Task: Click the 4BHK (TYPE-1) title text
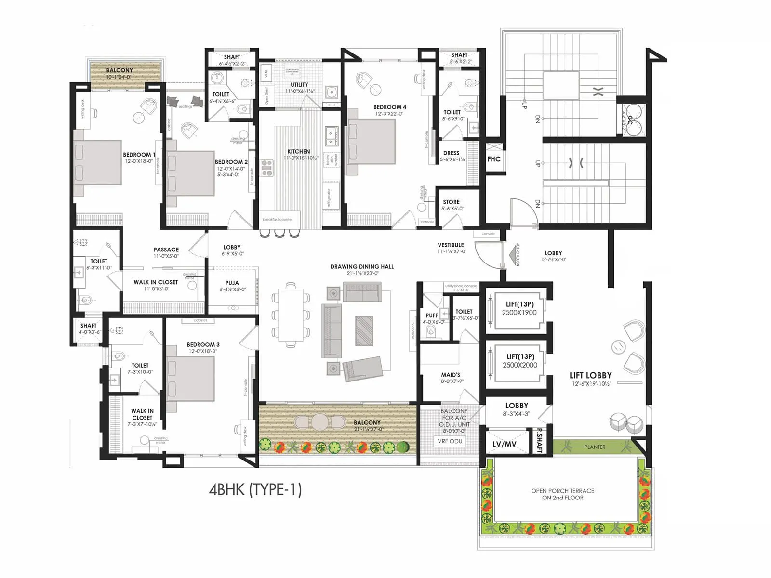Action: pos(255,489)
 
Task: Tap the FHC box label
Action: pos(494,159)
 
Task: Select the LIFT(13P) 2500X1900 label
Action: pos(519,308)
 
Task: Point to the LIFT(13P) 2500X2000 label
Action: pos(520,361)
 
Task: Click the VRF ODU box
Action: pos(450,441)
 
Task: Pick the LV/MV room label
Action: pos(505,444)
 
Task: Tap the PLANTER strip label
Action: pos(595,447)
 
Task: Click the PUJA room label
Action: pos(232,286)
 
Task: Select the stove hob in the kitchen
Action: pos(267,168)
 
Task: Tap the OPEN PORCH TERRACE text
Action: pos(562,494)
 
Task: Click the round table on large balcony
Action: pos(319,422)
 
